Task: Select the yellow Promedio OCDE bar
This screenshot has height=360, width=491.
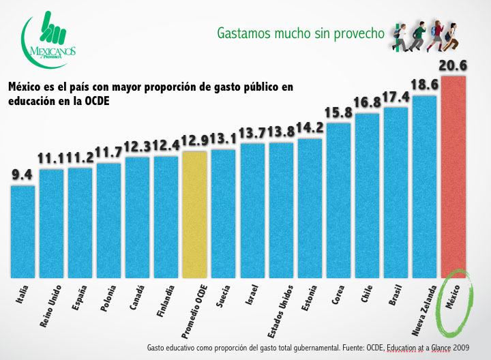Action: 194,214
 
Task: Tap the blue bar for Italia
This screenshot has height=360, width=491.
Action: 23,231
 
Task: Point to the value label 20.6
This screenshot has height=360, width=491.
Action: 453,66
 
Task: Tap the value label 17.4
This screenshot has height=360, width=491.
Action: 396,97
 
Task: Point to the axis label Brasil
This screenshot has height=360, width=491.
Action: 396,295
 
